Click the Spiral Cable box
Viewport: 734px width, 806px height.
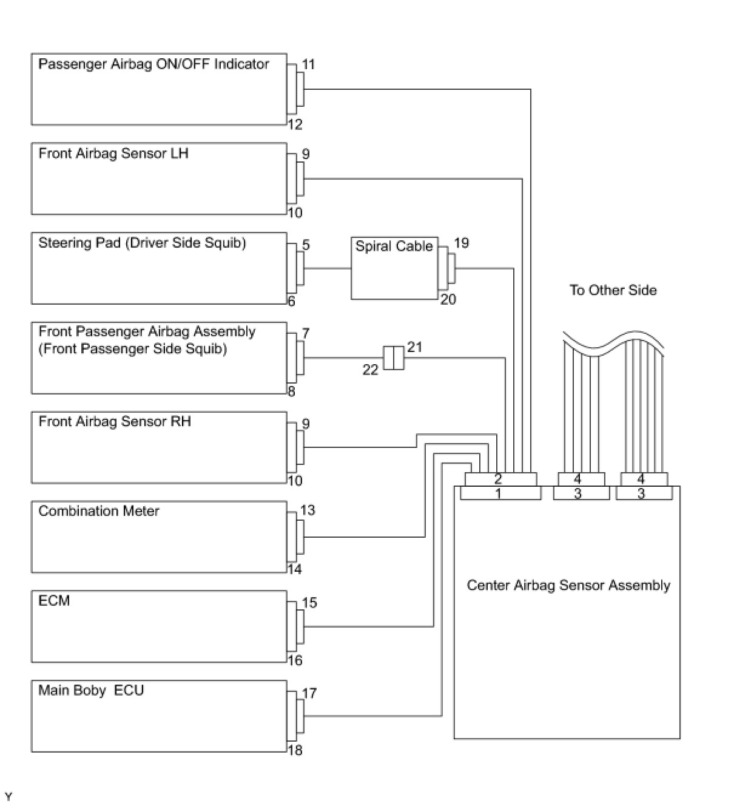(x=394, y=268)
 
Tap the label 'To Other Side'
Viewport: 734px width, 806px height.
(x=613, y=290)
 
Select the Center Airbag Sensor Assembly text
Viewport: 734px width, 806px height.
(x=568, y=586)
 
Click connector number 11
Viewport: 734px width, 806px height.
(x=309, y=64)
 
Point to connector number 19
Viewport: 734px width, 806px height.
(x=461, y=243)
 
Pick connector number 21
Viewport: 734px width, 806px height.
(x=415, y=347)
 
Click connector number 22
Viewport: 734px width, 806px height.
(x=370, y=370)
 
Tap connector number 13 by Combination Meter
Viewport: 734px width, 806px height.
(x=308, y=510)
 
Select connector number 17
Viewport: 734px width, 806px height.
(x=309, y=693)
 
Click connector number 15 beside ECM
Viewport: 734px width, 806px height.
(x=309, y=603)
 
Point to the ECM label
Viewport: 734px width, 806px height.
(x=54, y=601)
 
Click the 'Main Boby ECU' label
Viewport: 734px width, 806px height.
(x=91, y=691)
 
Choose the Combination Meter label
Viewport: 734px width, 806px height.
(x=99, y=511)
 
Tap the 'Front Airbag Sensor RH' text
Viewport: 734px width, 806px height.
(x=115, y=421)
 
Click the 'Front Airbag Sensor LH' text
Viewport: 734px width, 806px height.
(x=113, y=153)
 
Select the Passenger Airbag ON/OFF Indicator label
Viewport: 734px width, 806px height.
(x=153, y=64)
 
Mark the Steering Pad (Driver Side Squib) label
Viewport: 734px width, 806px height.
(x=142, y=243)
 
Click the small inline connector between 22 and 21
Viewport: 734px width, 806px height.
(x=393, y=357)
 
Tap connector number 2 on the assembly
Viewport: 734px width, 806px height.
(x=498, y=479)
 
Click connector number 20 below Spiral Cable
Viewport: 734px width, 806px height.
(x=448, y=299)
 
